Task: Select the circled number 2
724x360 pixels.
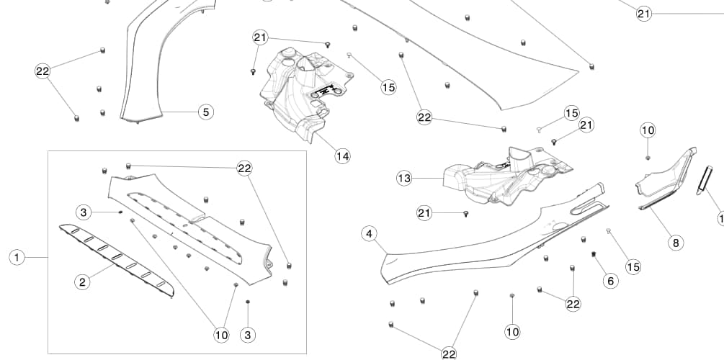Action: (x=83, y=282)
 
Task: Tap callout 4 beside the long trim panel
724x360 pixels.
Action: (x=369, y=234)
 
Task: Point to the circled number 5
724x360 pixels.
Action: (x=205, y=112)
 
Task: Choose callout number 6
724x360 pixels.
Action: (x=611, y=281)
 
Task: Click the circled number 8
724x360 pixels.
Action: (x=675, y=243)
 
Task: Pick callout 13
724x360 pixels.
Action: (x=404, y=177)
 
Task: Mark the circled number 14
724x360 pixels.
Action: (x=342, y=156)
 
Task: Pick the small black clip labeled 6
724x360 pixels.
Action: (x=595, y=254)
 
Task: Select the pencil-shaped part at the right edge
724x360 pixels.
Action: (x=704, y=180)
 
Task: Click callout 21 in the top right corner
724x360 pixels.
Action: (x=643, y=14)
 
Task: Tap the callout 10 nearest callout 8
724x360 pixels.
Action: (x=648, y=130)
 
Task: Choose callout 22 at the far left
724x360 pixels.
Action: (x=43, y=71)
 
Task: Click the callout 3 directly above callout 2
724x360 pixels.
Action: (x=84, y=212)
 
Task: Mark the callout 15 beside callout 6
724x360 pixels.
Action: (x=633, y=267)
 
